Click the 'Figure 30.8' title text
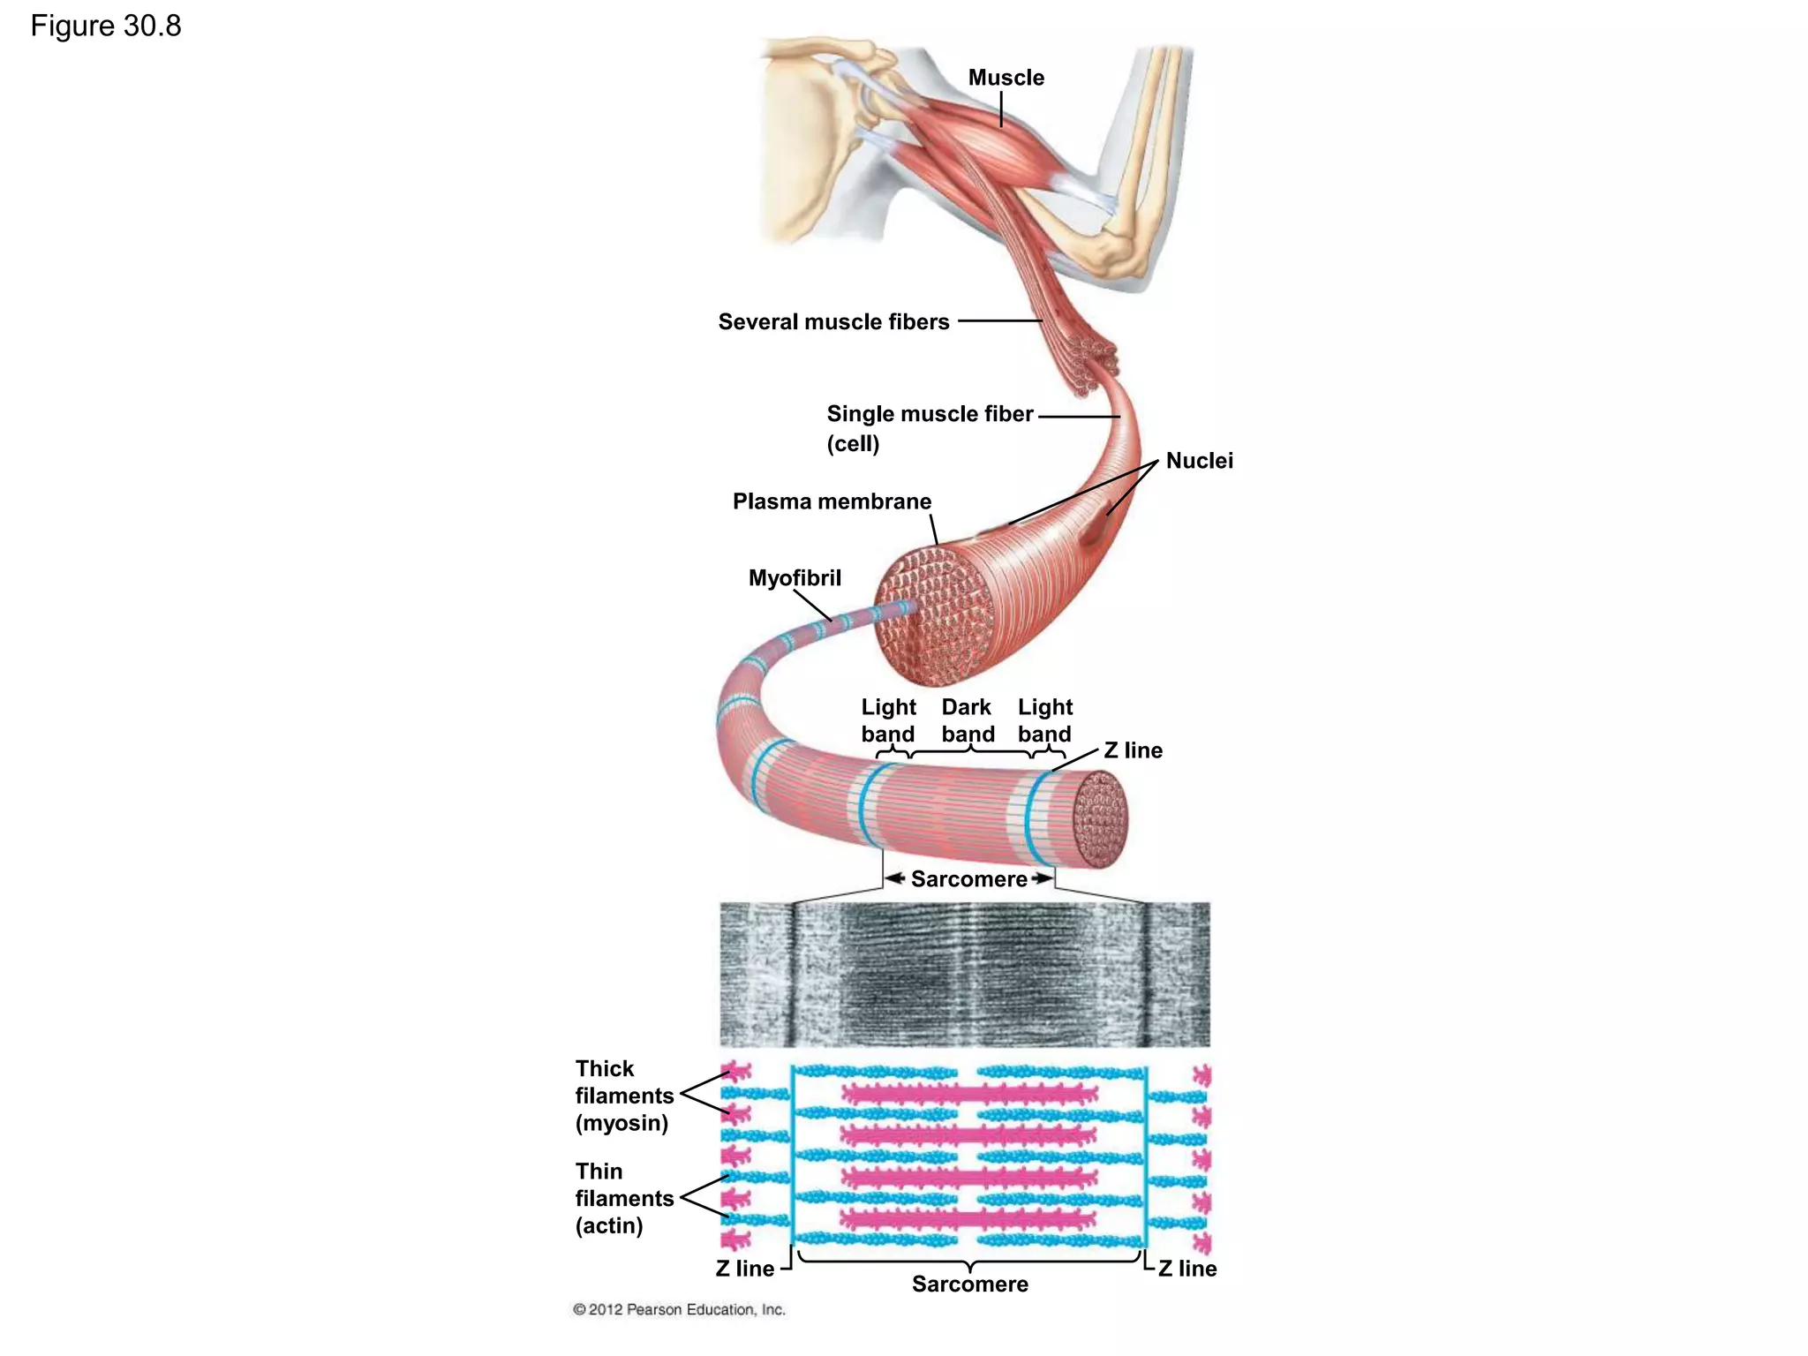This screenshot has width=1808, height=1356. (x=106, y=26)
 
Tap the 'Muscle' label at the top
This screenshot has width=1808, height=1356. (x=1006, y=78)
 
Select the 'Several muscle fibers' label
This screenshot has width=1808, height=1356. (x=833, y=321)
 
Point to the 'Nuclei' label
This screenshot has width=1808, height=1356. (x=1199, y=461)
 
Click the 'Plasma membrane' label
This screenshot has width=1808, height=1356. (x=832, y=501)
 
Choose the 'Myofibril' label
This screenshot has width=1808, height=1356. (x=795, y=578)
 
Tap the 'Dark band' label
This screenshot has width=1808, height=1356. (x=968, y=720)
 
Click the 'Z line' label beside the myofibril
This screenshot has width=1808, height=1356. (x=1133, y=750)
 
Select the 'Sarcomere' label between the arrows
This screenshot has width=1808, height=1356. (x=968, y=879)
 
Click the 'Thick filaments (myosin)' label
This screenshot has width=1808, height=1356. (x=623, y=1096)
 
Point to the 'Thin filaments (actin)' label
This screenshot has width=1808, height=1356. (x=623, y=1198)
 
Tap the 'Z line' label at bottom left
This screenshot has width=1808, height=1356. (x=744, y=1269)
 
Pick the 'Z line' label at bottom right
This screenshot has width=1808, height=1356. (x=1187, y=1269)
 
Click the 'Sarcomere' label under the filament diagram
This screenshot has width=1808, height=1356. (x=969, y=1284)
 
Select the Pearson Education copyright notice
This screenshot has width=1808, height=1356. (x=679, y=1309)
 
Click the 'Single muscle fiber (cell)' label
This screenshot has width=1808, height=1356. (x=929, y=427)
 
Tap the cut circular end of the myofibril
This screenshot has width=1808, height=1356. (x=1100, y=818)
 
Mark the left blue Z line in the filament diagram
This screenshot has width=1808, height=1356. (x=793, y=1156)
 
